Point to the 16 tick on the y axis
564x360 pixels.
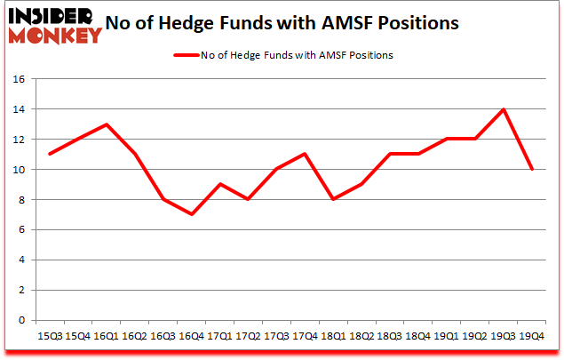pyautogui.click(x=18, y=78)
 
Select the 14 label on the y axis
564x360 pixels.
pyautogui.click(x=18, y=109)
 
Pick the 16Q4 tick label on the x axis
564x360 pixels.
pyautogui.click(x=191, y=336)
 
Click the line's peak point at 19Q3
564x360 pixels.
pyautogui.click(x=504, y=109)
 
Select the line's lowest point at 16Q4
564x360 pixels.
pyautogui.click(x=191, y=214)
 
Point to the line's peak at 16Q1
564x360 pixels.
pyautogui.click(x=107, y=124)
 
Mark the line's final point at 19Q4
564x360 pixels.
pyautogui.click(x=532, y=169)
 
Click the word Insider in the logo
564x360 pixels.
pyautogui.click(x=52, y=16)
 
